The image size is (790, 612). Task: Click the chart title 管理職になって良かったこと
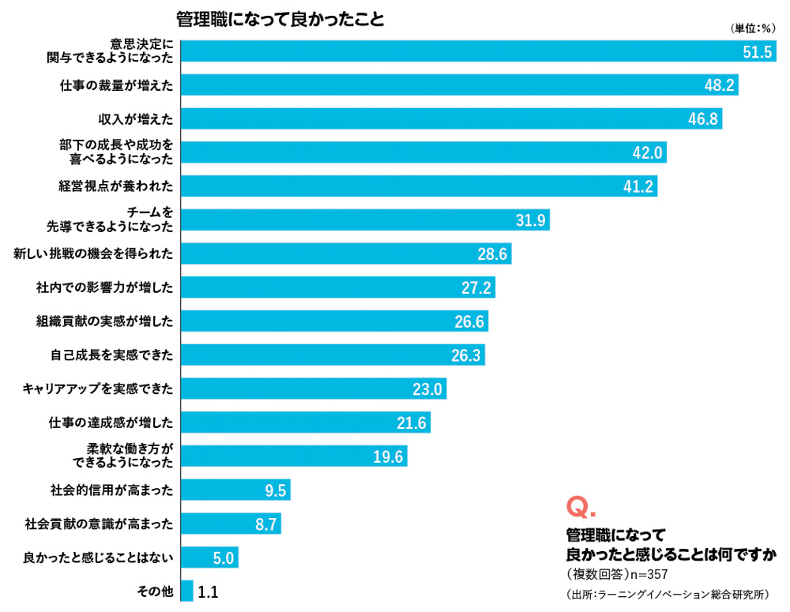point(280,18)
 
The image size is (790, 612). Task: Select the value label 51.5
point(757,52)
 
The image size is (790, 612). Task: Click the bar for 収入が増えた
point(451,118)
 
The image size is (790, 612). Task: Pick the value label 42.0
point(647,152)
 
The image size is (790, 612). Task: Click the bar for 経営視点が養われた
point(419,186)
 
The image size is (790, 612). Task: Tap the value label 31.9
point(531,220)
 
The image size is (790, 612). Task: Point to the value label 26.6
point(471,321)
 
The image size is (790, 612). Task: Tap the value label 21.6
point(412,423)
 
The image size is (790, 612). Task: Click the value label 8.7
point(265,524)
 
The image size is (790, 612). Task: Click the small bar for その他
point(187,591)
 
